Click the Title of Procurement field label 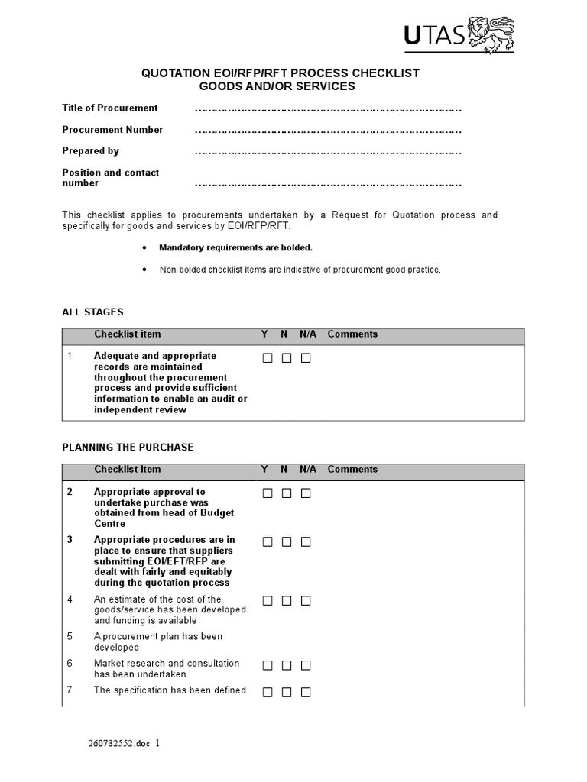pos(110,108)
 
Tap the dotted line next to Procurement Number pos(329,131)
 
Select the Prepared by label pos(90,150)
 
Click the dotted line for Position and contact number pos(329,184)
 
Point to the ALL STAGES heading pos(92,312)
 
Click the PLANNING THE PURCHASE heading pos(128,447)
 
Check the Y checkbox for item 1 pos(268,358)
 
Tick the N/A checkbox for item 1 pos(306,358)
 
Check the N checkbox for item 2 pos(287,493)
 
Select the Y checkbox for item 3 pos(268,541)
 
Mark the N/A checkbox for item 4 pos(306,601)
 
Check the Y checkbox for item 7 pos(268,693)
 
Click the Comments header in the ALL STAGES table pos(352,334)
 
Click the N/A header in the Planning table pos(308,469)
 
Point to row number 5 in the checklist pos(70,636)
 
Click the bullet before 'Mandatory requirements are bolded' pos(144,248)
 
